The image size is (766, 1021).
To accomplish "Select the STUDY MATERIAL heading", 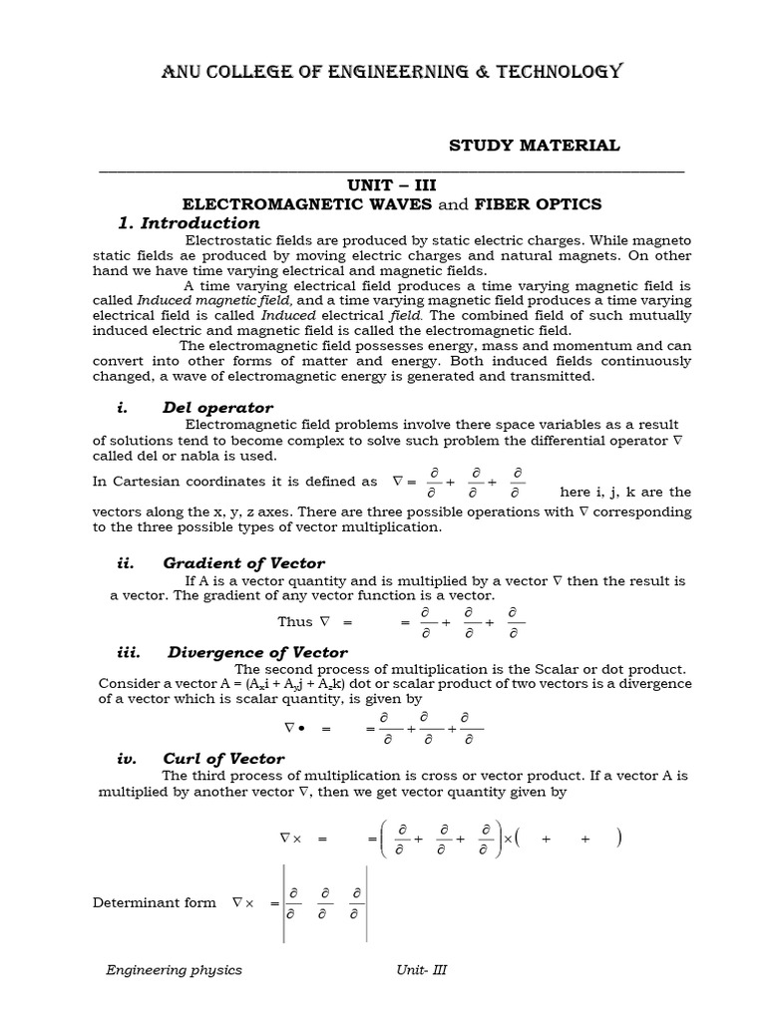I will (x=534, y=146).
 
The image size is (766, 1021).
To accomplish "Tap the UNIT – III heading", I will (x=392, y=185).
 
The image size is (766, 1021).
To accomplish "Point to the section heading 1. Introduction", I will (x=189, y=223).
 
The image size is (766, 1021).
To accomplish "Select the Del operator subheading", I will (x=217, y=408).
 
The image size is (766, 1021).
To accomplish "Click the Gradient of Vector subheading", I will (x=243, y=563).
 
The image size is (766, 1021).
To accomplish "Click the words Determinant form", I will (x=154, y=902).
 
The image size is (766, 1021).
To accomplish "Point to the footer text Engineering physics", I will (x=174, y=970).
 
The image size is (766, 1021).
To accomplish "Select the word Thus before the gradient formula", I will (x=294, y=621).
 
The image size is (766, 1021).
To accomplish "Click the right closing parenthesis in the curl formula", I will (x=619, y=839).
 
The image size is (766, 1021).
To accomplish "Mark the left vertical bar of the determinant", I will (x=284, y=903).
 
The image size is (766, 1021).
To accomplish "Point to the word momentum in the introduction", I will (x=553, y=346).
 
